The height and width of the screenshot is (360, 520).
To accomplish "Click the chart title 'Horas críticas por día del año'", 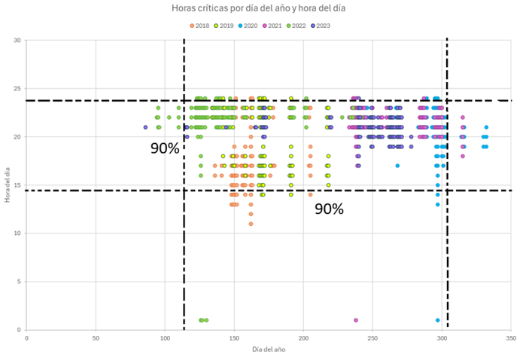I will coord(260,9).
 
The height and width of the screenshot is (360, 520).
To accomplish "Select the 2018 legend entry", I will coord(200,26).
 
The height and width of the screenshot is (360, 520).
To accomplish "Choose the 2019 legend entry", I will coord(224,26).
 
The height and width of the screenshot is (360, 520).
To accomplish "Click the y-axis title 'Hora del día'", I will coord(6,185).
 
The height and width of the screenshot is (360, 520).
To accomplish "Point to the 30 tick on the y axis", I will coord(17,40).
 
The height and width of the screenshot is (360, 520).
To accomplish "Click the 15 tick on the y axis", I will coord(17,185).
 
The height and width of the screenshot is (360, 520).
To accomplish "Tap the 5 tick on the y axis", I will coord(19,282).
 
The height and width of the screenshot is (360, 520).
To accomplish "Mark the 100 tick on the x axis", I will coord(165,338).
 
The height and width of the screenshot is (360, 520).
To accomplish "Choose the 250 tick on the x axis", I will coord(373,338).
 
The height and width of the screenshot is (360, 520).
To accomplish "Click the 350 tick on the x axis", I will coord(511,338).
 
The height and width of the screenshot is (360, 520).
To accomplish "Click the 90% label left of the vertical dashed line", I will coord(165,148).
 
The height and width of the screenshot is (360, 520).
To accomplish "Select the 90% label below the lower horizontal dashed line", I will coord(329,209).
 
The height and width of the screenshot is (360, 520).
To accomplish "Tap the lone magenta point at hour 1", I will coord(355,320).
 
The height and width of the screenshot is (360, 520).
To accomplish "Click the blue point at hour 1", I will coord(437,320).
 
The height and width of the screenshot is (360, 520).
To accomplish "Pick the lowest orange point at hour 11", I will coord(251,224).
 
